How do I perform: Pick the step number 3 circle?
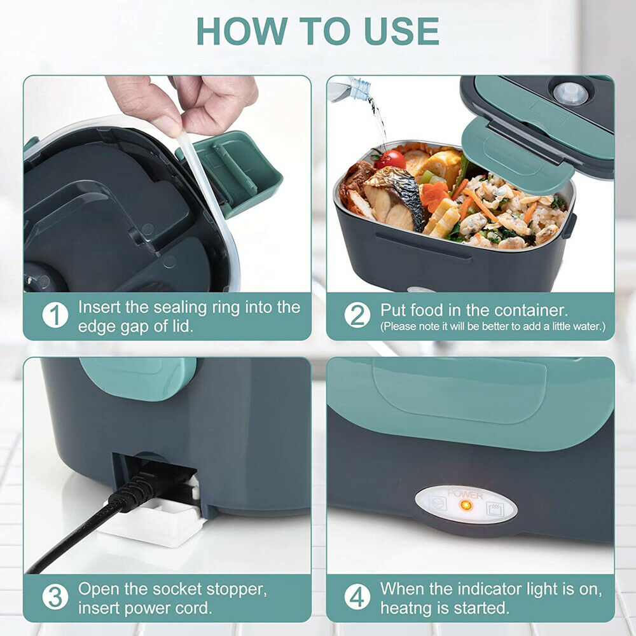pyautogui.click(x=55, y=598)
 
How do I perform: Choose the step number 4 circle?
pyautogui.click(x=357, y=598)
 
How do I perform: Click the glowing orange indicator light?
pyautogui.click(x=466, y=506)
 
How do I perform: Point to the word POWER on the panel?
pyautogui.click(x=466, y=494)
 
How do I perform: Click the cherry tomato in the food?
pyautogui.click(x=389, y=159)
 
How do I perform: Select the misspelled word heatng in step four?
pyautogui.click(x=408, y=607)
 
